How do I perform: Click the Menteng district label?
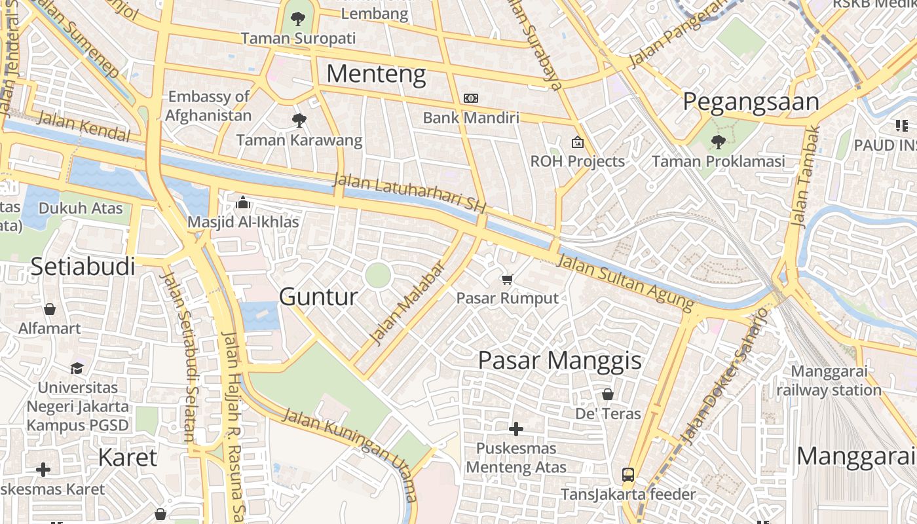pos(376,74)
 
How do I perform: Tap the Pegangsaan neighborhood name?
pos(751,102)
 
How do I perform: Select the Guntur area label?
pos(318,297)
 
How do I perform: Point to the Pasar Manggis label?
pos(559,360)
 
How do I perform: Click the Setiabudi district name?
pos(83,267)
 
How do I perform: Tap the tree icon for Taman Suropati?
pos(298,18)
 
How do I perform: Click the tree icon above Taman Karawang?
pos(299,120)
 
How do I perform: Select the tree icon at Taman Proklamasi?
pos(718,141)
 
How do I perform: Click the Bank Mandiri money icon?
pos(470,98)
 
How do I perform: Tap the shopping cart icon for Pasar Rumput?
pos(507,280)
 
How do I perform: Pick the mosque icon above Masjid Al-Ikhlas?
pos(243,202)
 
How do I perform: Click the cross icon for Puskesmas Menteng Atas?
pos(516,429)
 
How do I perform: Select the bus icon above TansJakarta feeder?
pos(627,475)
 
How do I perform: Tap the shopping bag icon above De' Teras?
pos(608,394)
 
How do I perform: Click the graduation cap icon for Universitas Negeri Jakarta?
pos(77,368)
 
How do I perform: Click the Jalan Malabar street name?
pos(407,303)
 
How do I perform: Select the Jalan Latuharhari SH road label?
pos(409,193)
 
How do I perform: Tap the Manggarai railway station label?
pos(829,381)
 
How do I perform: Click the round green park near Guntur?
pos(378,275)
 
